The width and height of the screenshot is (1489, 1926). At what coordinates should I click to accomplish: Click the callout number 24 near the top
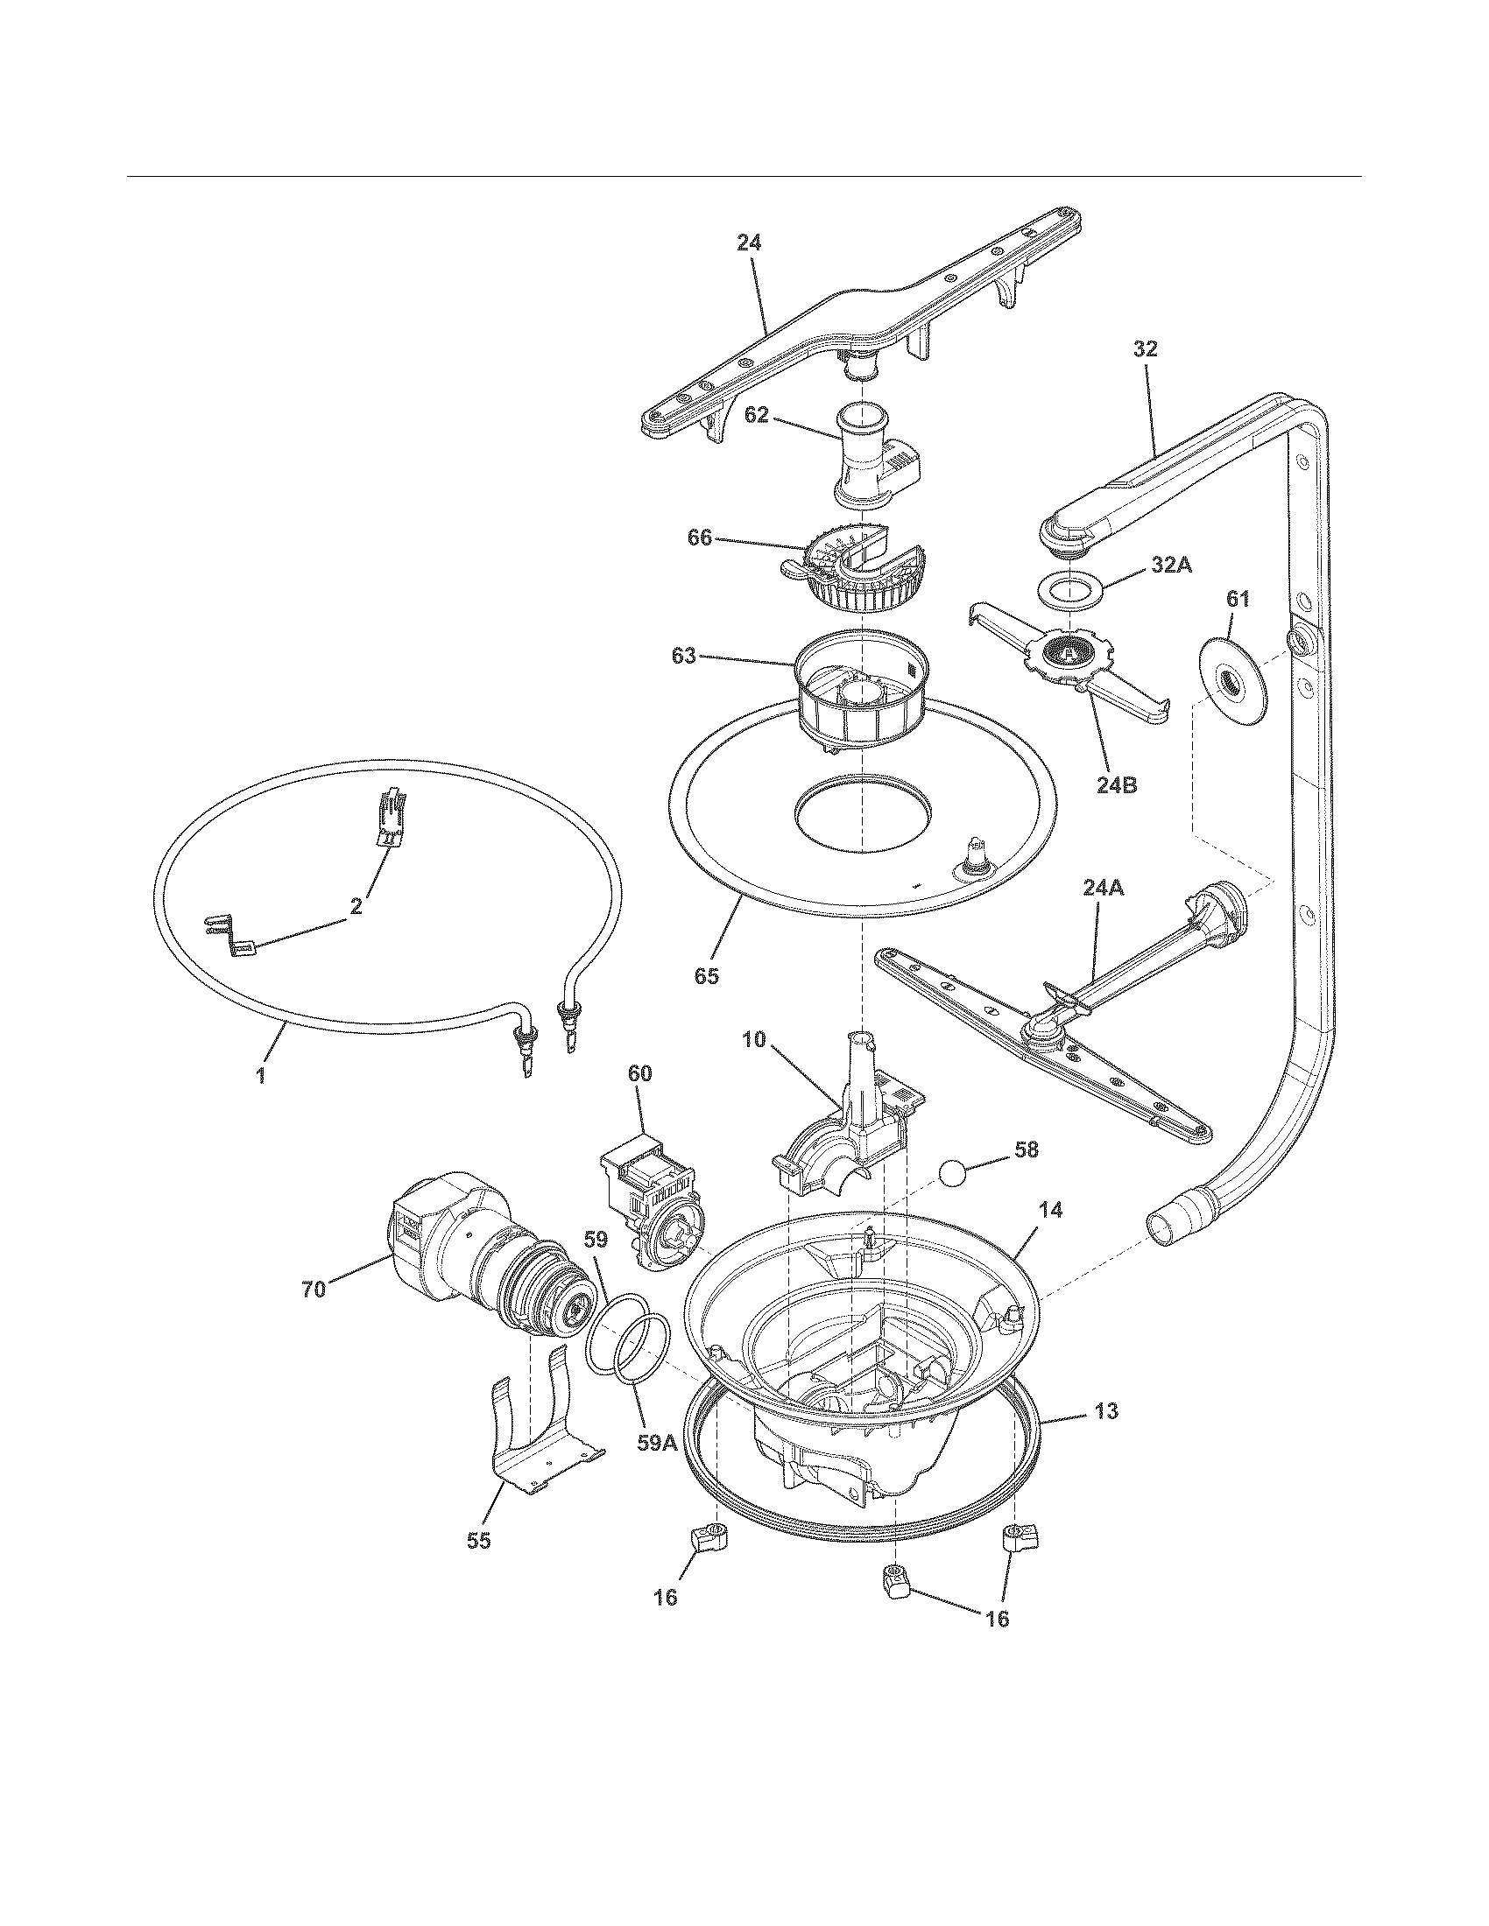749,243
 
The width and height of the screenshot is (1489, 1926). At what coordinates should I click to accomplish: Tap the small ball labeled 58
956,1173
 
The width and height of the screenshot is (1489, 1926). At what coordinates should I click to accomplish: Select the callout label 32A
1170,566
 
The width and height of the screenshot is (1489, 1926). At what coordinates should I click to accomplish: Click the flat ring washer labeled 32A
1069,591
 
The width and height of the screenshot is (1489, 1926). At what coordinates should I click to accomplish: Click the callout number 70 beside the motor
314,1290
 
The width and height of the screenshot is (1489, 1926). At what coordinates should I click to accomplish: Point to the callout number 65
707,975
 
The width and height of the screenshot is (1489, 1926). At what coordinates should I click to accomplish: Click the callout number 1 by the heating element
262,1077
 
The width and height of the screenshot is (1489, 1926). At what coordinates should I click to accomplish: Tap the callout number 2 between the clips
356,907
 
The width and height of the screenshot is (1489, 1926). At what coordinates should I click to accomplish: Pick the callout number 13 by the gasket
1105,1411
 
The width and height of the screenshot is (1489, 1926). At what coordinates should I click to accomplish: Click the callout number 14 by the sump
1049,1211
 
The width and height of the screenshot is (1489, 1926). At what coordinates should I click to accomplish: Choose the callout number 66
700,537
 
